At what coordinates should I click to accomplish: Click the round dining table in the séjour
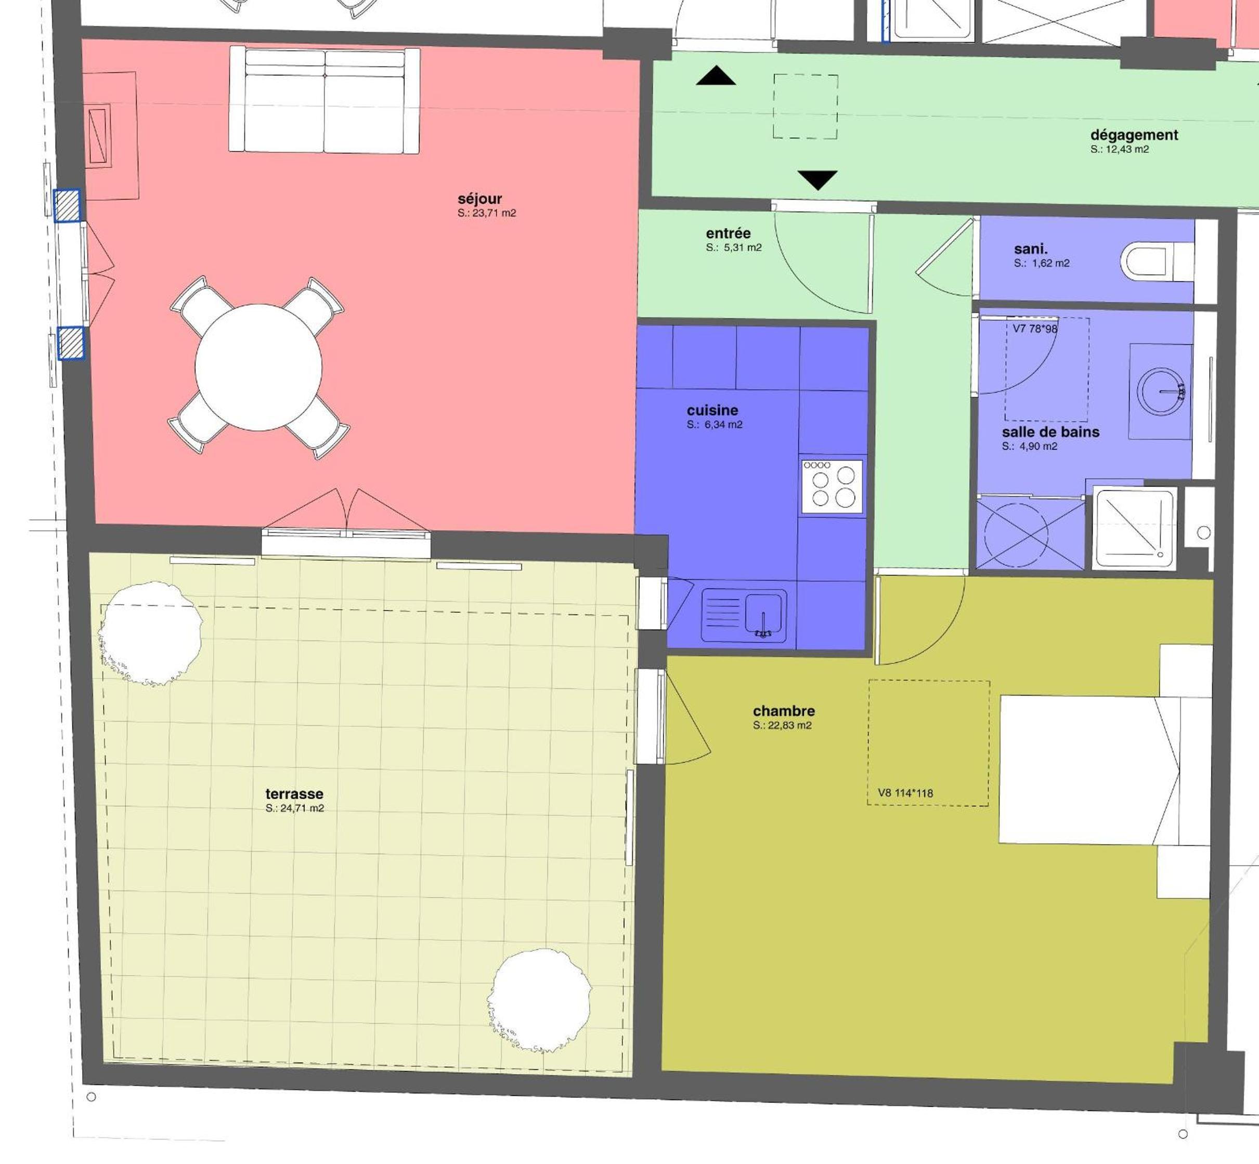[258, 367]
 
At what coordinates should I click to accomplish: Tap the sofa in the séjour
[324, 99]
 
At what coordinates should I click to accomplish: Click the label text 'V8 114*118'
[905, 793]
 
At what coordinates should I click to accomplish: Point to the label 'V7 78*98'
[1035, 329]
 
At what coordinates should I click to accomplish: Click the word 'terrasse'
[294, 794]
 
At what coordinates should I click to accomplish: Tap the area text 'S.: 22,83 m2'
[782, 725]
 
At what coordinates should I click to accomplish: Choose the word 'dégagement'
[1134, 135]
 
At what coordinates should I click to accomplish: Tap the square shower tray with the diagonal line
[1135, 527]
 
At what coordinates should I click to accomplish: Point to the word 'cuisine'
[712, 410]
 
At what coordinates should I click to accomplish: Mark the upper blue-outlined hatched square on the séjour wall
[67, 206]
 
